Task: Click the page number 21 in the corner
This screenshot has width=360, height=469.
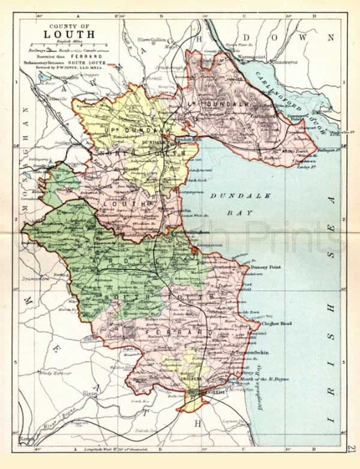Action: pos(351,448)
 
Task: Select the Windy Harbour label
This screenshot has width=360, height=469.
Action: pos(50,374)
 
